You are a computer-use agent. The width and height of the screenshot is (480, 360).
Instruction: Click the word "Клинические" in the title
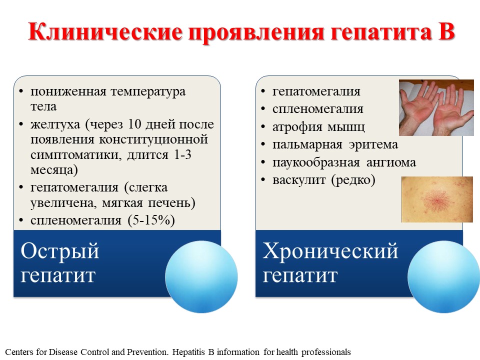click(105, 32)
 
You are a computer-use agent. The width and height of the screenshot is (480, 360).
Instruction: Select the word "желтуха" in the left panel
click(55, 124)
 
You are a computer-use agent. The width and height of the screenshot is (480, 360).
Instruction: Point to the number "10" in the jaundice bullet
click(134, 124)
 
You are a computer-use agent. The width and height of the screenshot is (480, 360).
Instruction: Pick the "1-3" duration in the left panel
click(182, 154)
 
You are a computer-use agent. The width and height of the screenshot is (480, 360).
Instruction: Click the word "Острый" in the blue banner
click(60, 251)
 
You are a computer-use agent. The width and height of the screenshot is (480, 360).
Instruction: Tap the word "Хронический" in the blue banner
click(330, 251)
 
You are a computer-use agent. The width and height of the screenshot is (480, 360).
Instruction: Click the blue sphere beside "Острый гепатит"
click(201, 276)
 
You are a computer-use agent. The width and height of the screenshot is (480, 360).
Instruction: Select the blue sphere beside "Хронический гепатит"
click(443, 276)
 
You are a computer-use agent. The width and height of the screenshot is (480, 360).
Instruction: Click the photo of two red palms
click(436, 107)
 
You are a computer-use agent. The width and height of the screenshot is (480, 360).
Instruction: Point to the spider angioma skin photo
click(437, 199)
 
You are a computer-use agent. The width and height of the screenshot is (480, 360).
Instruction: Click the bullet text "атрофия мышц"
click(318, 127)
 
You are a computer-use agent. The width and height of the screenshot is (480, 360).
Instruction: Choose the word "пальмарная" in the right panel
click(307, 145)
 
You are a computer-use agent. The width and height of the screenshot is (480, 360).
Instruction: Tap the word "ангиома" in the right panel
click(391, 162)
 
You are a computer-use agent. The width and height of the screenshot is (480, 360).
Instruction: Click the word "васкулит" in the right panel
click(299, 180)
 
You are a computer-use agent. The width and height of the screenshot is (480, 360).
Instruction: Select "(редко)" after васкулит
click(353, 180)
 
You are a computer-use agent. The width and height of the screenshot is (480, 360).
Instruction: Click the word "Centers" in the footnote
click(19, 352)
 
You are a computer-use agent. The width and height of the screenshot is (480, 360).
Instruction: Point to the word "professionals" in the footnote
click(326, 352)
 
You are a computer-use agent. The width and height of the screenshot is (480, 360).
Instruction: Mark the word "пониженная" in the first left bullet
click(68, 91)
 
